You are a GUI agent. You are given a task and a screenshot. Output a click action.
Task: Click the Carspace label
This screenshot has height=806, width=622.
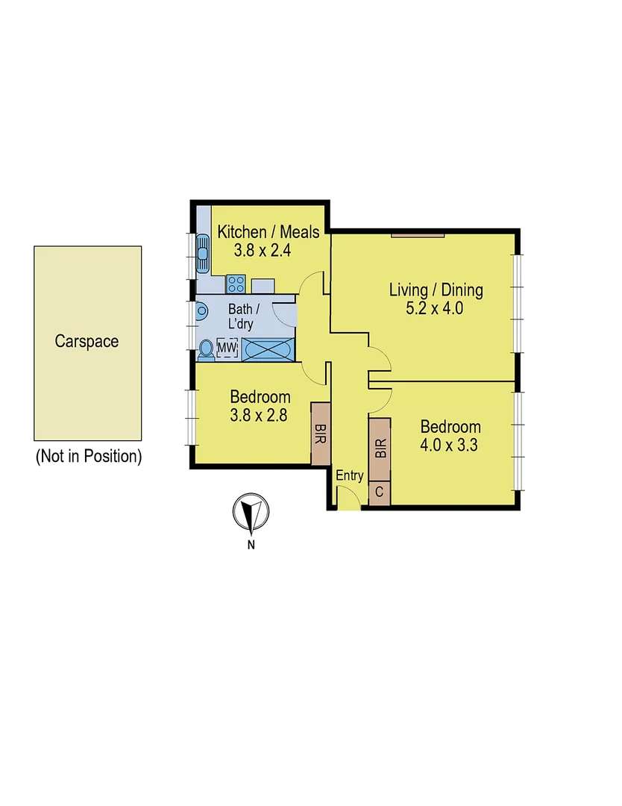pos(87,342)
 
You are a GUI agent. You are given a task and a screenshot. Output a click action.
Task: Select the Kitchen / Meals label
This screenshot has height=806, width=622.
pos(268,232)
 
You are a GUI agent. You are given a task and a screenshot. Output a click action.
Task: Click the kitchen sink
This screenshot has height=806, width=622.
pos(202,254)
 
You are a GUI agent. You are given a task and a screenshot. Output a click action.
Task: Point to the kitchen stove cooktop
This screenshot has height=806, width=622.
pos(236,284)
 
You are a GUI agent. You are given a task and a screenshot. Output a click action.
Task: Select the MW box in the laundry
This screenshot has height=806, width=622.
pos(227,348)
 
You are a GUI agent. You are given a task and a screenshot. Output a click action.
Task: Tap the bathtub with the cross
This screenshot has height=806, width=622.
pos(268,349)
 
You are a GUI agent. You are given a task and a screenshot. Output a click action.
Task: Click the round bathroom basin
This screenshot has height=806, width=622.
pos(201,312)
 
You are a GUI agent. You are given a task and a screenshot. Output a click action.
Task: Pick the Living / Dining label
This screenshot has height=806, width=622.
pos(436,290)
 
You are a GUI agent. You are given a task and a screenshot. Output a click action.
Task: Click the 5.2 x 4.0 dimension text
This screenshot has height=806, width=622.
pos(436,308)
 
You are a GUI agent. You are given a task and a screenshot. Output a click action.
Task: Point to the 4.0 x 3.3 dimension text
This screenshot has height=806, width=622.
pos(450,446)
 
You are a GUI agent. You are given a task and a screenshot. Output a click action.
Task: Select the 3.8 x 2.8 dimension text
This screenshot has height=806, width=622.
pos(259,416)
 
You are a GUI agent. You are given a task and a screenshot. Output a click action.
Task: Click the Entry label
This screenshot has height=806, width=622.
pos(350,476)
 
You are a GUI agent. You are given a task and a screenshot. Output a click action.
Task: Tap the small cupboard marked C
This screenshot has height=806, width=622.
pos(379,493)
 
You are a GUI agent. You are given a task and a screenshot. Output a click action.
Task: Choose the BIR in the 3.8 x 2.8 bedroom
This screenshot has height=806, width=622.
pos(321,434)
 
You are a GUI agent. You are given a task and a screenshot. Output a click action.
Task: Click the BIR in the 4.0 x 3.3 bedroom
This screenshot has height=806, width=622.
pos(380,449)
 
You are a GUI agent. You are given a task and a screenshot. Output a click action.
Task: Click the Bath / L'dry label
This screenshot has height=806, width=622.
pos(245,316)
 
